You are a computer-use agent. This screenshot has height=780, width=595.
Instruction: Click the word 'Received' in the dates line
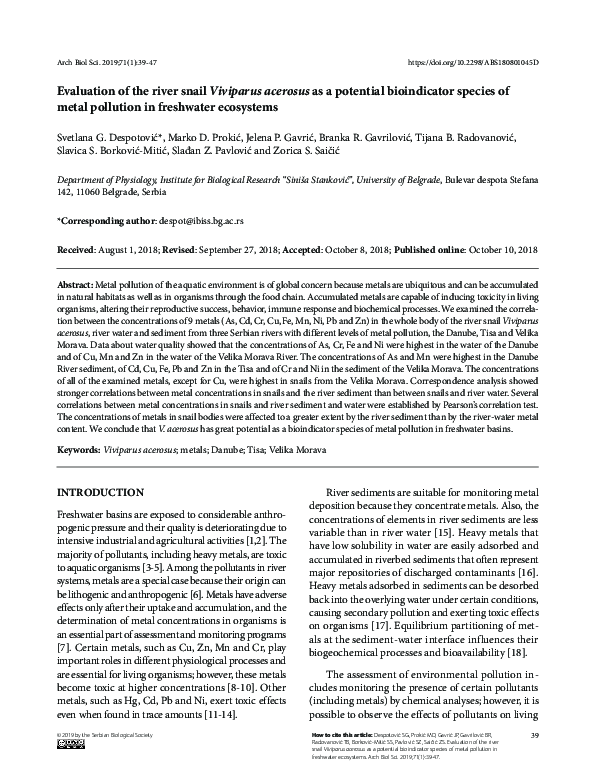(76, 245)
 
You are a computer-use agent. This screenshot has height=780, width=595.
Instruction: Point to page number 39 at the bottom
(534, 736)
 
